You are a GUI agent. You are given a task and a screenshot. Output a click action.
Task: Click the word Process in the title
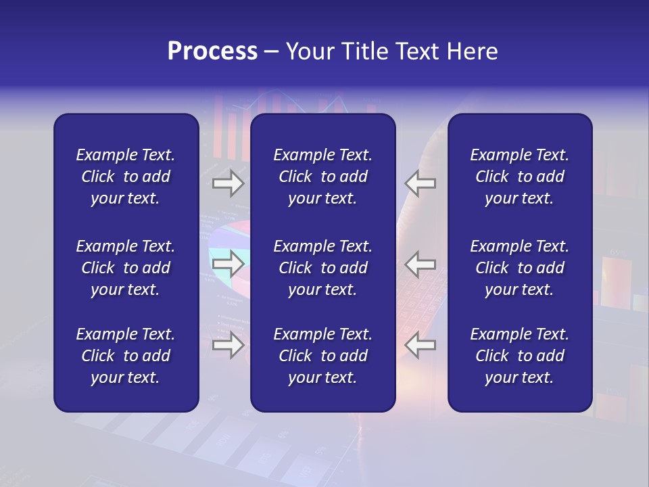coord(212,51)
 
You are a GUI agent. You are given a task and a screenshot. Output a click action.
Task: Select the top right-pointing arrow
coord(229,183)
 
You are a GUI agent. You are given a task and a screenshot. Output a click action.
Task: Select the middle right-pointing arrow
coord(229,264)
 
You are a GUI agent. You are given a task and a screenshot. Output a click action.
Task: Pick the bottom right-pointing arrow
coord(229,345)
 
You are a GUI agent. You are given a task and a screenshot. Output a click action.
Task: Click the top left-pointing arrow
coord(420,183)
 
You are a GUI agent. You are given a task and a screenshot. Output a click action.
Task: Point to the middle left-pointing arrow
coord(420,264)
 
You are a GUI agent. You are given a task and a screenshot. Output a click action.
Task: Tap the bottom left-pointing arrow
coord(420,345)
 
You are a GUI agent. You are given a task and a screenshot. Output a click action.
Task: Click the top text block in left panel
coord(126,177)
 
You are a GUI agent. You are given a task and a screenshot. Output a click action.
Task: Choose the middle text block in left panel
coord(126,268)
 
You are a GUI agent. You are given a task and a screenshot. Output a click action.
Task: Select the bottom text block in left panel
coord(126,356)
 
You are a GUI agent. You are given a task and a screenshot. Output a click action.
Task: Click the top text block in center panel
coord(322,177)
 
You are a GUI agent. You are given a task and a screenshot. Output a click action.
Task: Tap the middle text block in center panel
coord(322,268)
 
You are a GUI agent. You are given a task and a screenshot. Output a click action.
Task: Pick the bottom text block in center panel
coord(322,356)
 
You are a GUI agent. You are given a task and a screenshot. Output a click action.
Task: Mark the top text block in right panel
coord(519,177)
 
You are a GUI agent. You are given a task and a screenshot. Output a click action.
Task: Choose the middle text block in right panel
coord(519,268)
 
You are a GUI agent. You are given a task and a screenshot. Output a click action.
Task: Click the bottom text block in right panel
coord(519,356)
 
